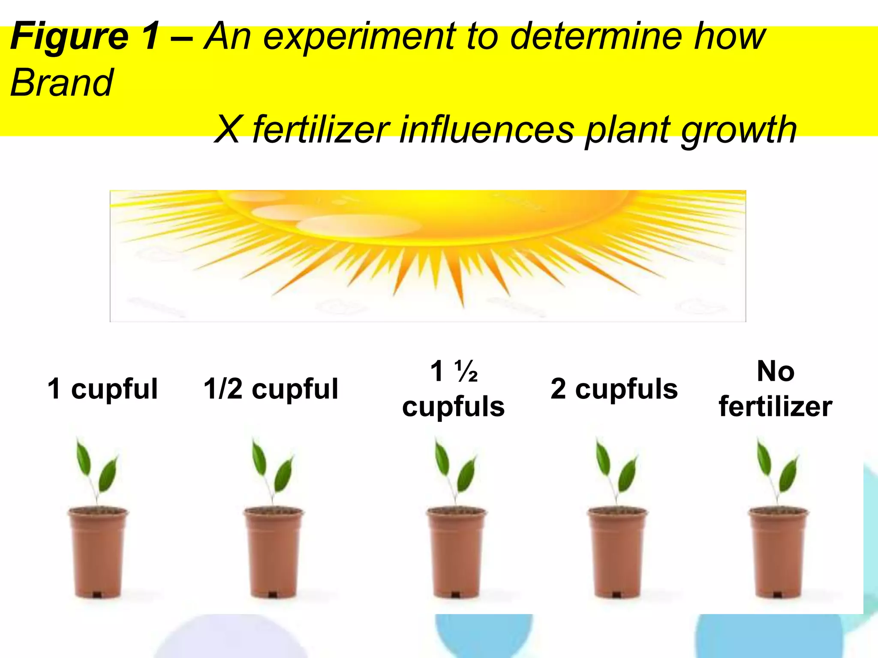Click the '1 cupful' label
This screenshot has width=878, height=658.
coord(102,389)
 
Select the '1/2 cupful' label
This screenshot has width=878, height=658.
coord(271,389)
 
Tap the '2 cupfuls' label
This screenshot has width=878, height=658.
coord(614,389)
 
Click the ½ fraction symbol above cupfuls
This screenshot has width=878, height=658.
coord(466,371)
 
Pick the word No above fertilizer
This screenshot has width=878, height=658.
coord(776,371)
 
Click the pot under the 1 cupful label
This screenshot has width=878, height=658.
coord(98,553)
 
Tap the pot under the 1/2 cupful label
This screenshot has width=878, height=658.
coord(273,553)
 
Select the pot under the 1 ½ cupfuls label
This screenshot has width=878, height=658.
coord(456,553)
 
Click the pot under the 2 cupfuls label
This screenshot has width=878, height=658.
coord(616,553)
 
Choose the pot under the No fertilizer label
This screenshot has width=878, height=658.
coord(778,553)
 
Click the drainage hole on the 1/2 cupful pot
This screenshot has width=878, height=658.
coord(272,594)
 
